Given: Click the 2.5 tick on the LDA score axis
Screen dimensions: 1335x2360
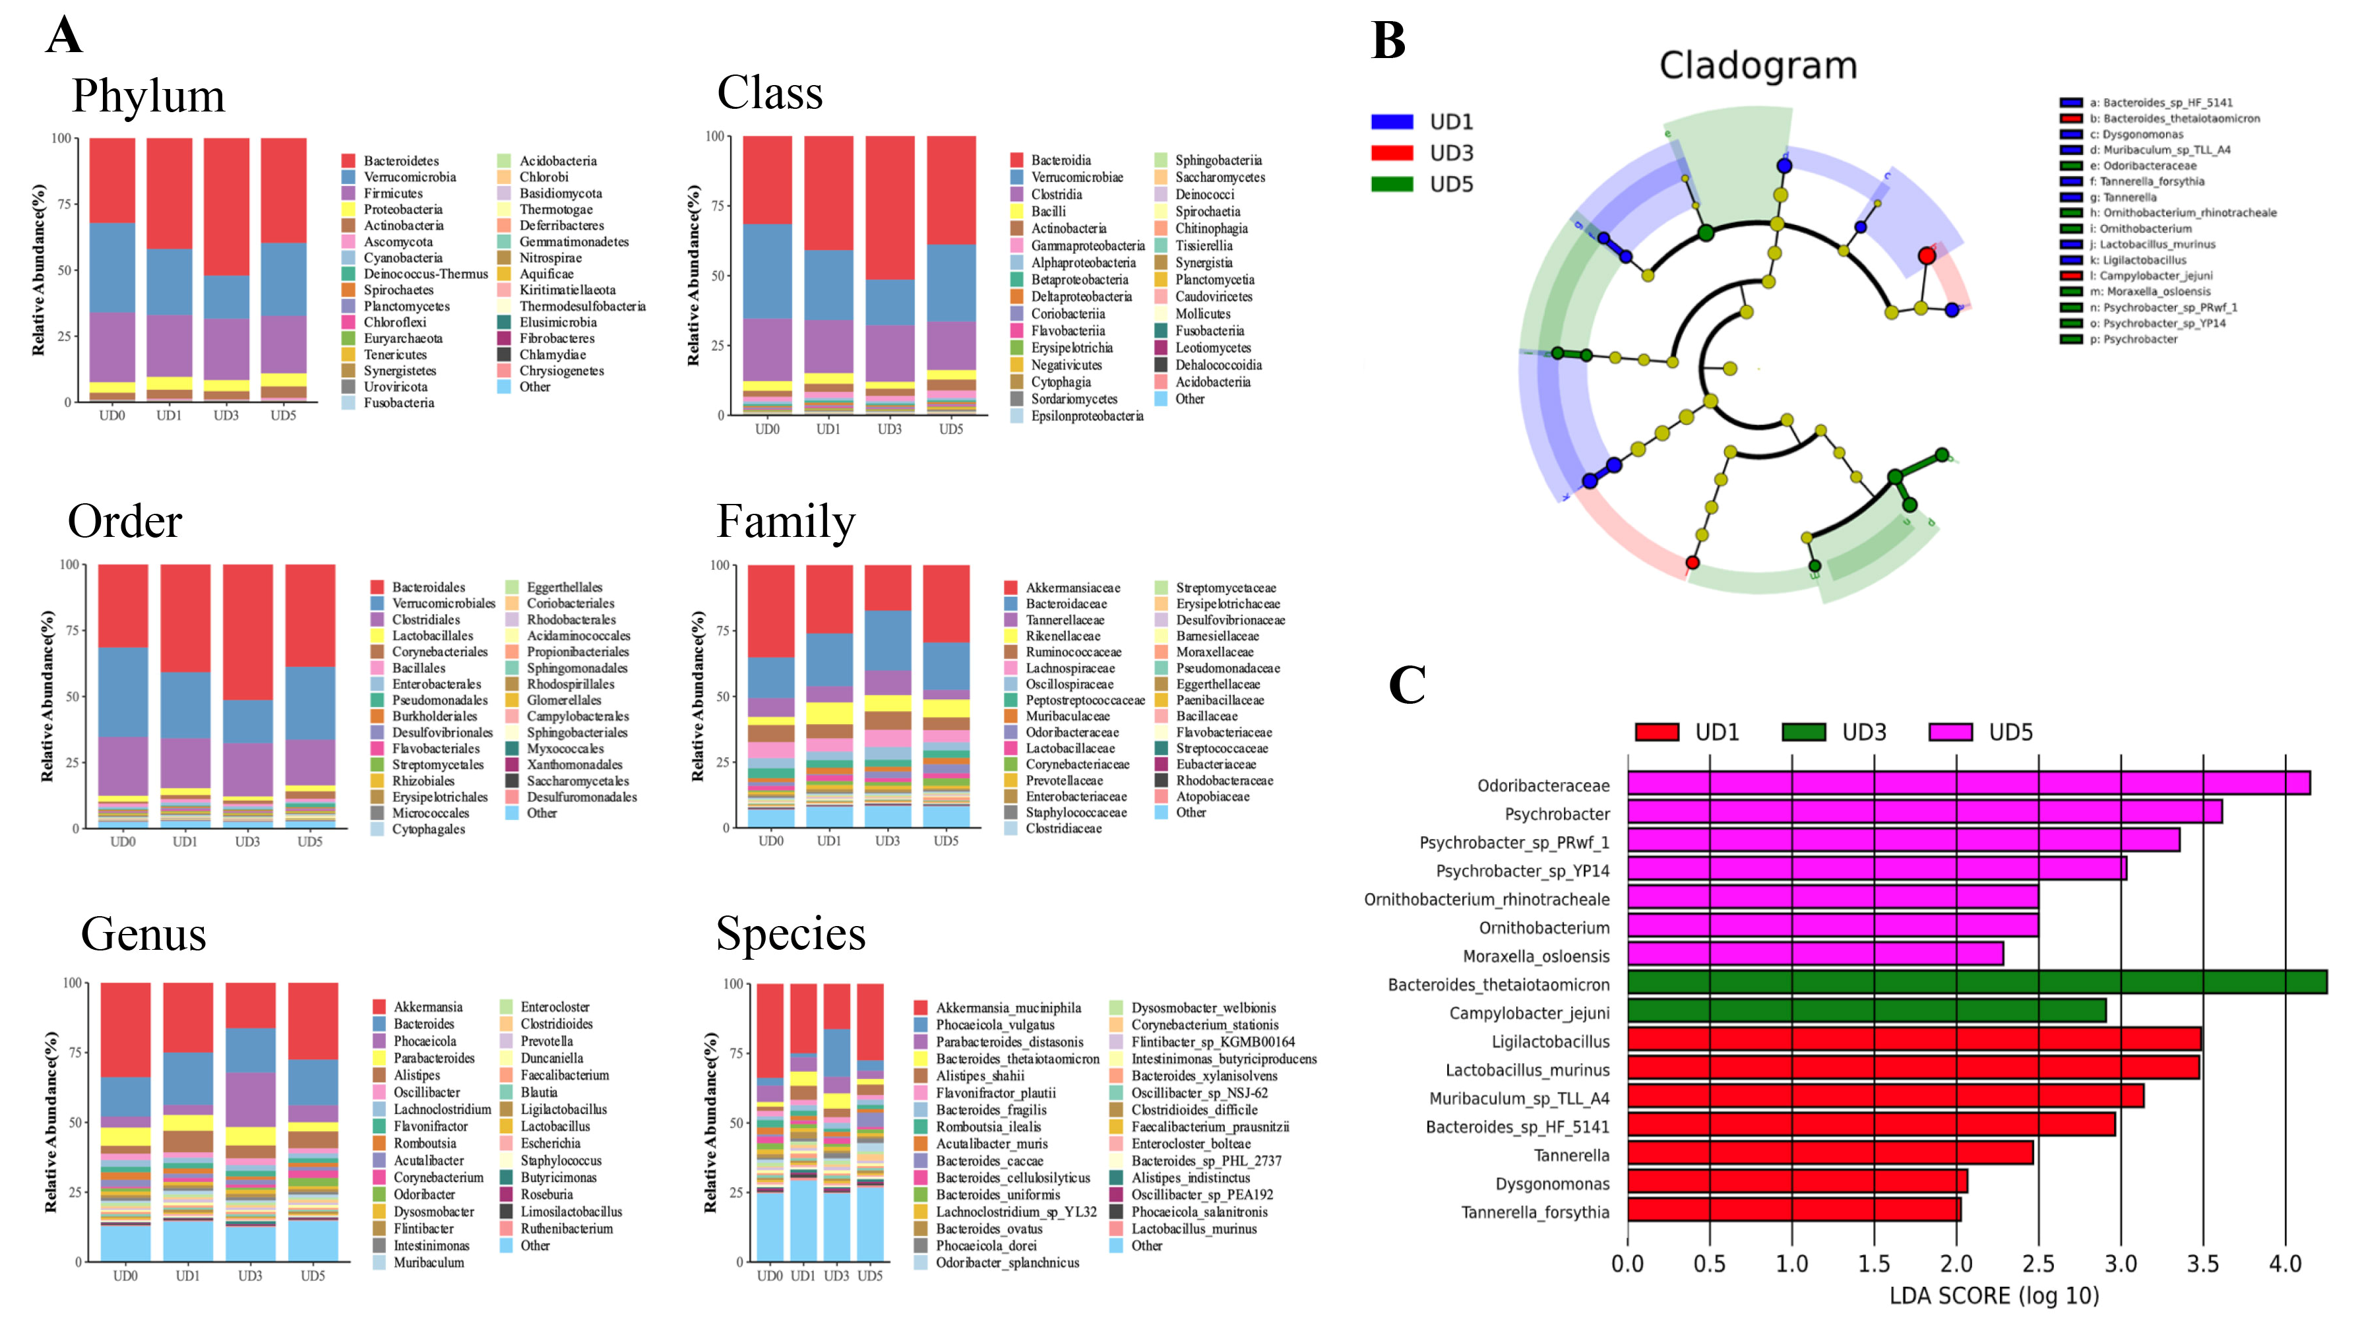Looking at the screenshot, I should point(2038,1264).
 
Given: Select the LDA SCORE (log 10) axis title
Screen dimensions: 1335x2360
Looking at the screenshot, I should point(1993,1297).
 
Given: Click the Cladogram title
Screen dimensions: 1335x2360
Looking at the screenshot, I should point(1758,66).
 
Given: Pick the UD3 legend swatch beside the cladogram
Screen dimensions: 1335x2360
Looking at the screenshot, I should point(1391,153).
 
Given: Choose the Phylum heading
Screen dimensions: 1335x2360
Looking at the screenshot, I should point(148,96).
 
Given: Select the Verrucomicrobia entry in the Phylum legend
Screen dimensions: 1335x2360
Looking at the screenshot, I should point(409,177).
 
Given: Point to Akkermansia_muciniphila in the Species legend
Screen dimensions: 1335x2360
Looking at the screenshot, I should point(1008,1008).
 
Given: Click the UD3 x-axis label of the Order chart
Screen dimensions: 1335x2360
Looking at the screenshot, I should point(247,842).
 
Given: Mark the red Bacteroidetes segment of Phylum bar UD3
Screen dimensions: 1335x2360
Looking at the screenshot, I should point(226,206).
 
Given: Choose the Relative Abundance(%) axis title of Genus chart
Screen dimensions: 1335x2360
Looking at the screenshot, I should point(51,1121).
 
